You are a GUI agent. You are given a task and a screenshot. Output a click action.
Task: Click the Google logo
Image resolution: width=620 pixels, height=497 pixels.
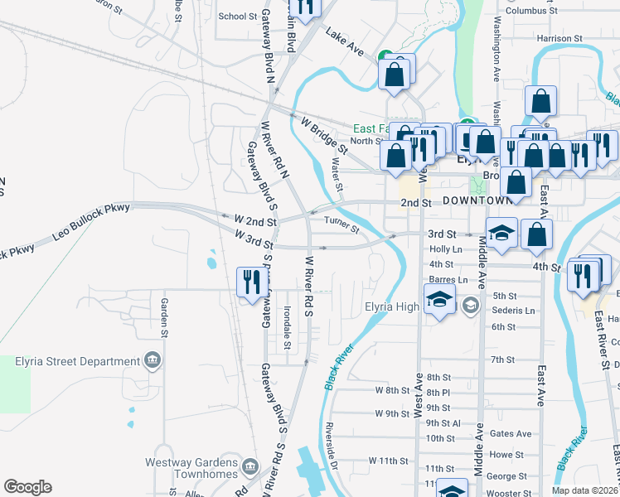(27, 487)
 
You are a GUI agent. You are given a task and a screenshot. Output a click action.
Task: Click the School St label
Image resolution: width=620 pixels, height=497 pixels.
(238, 16)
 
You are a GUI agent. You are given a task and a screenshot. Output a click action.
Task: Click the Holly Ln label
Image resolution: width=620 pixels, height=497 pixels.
(446, 248)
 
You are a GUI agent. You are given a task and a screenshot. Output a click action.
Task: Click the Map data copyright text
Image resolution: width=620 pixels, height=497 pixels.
(584, 490)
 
